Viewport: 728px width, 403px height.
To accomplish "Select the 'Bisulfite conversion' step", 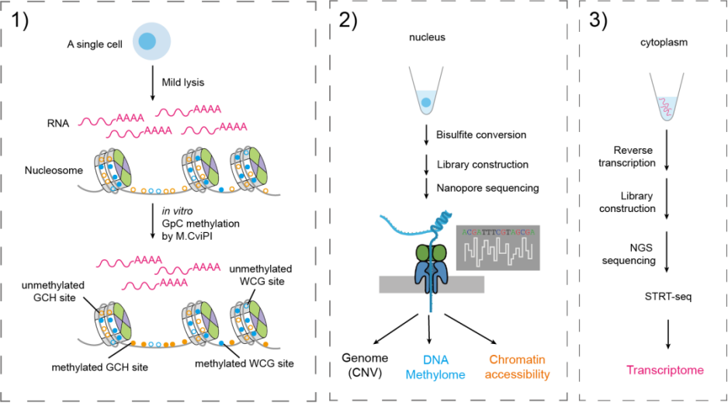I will tap(481, 134).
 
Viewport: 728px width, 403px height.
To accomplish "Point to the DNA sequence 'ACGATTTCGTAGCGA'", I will tap(497, 231).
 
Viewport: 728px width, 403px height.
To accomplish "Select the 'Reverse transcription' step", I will tap(634, 157).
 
